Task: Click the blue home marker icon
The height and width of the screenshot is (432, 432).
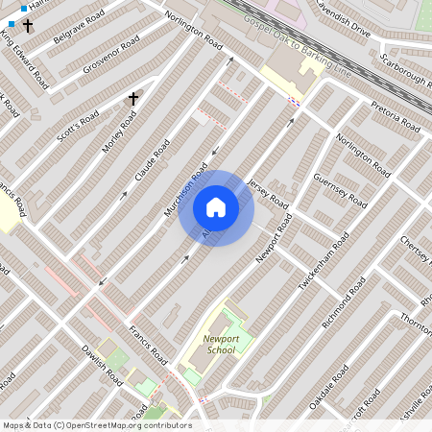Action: [216, 206]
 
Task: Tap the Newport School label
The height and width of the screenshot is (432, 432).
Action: [220, 344]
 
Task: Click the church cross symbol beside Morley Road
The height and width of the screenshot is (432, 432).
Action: [133, 98]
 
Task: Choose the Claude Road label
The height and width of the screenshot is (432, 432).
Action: [152, 160]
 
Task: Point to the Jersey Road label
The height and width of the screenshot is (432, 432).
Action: [267, 194]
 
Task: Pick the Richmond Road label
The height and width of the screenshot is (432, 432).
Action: [344, 302]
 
